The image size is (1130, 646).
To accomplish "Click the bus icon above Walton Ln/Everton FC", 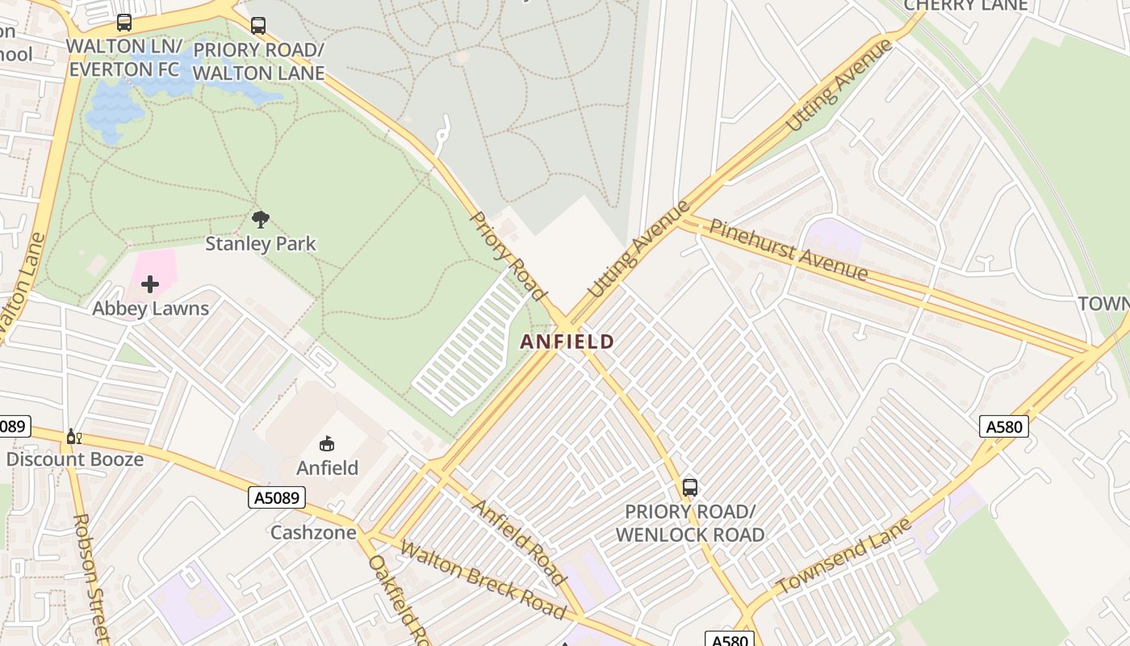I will point(123,23).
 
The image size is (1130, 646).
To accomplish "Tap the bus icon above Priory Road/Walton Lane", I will point(258,26).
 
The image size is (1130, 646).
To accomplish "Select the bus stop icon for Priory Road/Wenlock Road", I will point(690,488).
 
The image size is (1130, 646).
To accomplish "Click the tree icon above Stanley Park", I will point(260,220).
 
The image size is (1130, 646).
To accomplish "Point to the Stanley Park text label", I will point(260,244).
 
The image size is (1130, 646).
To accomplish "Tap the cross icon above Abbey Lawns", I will point(150,284).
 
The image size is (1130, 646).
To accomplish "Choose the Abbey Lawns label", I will point(150,308).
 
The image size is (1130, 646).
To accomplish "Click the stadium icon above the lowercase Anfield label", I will point(327,443).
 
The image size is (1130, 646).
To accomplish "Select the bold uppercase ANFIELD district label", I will point(567,342).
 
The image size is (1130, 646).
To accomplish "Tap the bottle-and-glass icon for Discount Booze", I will point(74,437).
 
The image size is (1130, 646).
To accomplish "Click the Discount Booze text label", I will point(74,459).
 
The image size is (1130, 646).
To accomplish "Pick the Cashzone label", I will point(312,533).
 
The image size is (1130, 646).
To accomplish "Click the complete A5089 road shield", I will point(277,497).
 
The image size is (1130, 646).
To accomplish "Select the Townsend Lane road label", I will point(843,556).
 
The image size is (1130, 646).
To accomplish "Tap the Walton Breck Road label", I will point(482,580).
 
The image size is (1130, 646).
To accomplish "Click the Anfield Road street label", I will point(518,542).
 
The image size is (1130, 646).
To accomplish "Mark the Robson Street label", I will point(90,577).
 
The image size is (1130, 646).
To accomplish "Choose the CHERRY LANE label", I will point(965,6).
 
